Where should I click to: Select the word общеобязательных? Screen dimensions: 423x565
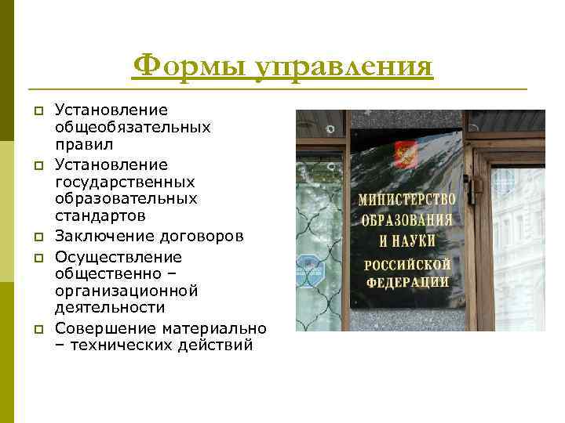pyautogui.click(x=133, y=127)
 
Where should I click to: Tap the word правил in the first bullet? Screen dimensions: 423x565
pyautogui.click(x=84, y=145)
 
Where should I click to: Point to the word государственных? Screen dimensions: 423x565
pyautogui.click(x=125, y=182)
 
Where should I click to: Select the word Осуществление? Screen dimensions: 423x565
pyautogui.click(x=118, y=257)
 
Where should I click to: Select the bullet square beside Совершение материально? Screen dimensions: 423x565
pyautogui.click(x=36, y=328)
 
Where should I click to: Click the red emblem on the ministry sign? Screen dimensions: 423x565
pyautogui.click(x=406, y=154)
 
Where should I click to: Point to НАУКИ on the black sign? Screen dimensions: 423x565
pyautogui.click(x=417, y=239)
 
